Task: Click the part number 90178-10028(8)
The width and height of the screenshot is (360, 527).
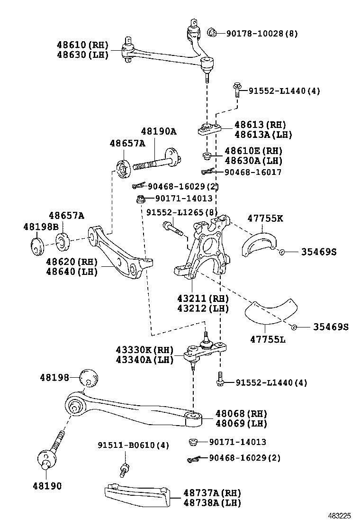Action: point(261,33)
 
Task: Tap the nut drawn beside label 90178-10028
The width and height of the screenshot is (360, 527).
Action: point(212,32)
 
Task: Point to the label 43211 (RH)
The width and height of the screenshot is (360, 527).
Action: point(203,299)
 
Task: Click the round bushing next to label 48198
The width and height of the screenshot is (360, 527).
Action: point(90,379)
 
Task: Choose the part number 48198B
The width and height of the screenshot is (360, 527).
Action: point(40,227)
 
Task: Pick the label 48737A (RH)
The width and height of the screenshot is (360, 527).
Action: point(212,493)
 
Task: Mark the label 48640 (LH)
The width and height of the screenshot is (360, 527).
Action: point(72,272)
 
